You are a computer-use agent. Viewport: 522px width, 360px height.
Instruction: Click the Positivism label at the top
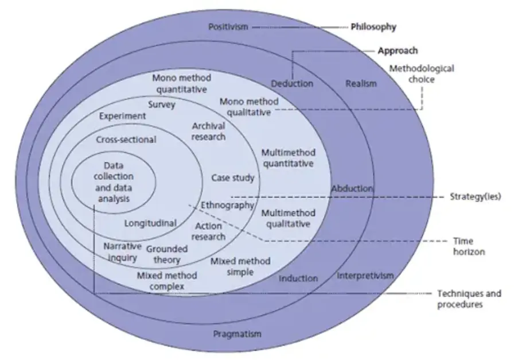click(x=228, y=27)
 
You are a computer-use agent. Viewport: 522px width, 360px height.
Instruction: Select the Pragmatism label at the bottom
click(x=237, y=334)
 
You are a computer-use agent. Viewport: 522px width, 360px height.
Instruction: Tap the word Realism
click(x=361, y=84)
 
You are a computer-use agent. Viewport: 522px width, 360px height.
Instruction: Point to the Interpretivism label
click(x=365, y=276)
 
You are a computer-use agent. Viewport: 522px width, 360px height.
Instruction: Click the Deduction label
click(x=292, y=84)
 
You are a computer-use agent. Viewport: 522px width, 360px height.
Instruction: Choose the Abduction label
click(x=352, y=188)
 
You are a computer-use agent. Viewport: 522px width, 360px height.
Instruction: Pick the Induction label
click(x=298, y=278)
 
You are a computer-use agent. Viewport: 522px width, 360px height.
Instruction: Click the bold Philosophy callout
click(x=373, y=27)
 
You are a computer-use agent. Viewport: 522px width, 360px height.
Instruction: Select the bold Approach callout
click(x=398, y=51)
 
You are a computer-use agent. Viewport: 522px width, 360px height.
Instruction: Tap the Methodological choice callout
click(x=422, y=74)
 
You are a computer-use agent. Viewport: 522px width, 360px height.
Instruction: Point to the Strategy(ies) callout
click(x=476, y=196)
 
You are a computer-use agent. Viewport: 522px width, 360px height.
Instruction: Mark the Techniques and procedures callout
click(x=469, y=299)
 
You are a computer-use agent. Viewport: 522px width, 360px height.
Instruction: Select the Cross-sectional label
click(x=126, y=140)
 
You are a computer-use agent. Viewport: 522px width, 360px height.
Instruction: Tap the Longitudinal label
click(x=150, y=223)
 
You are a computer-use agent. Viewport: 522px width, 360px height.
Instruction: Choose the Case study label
click(x=232, y=178)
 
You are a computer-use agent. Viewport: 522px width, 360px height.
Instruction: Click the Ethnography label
click(x=227, y=205)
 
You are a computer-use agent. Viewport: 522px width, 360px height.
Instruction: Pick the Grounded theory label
click(x=166, y=254)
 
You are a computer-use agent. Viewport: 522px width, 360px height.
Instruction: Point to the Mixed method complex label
click(x=167, y=281)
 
